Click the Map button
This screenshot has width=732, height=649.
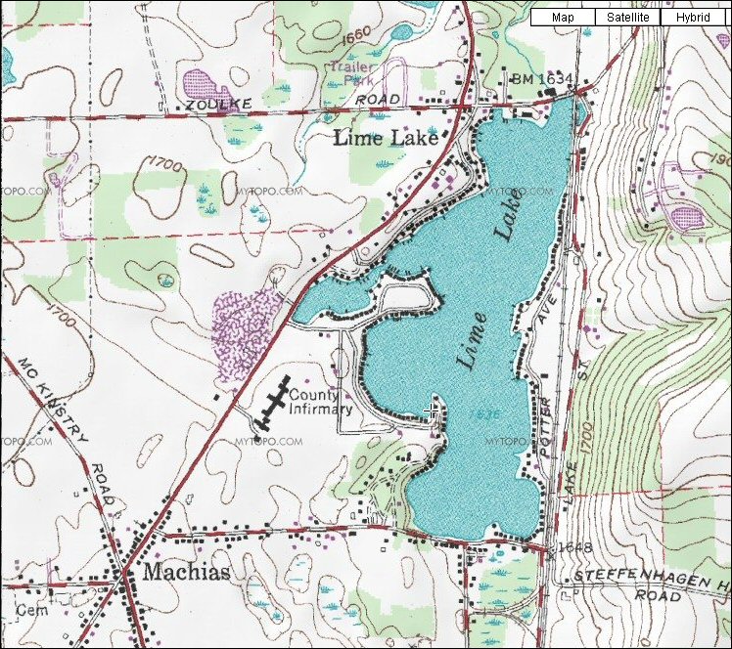pyautogui.click(x=563, y=18)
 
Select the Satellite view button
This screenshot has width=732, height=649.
pyautogui.click(x=627, y=18)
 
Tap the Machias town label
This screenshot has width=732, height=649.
pyautogui.click(x=187, y=573)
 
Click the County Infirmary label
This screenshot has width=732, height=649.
pyautogui.click(x=319, y=402)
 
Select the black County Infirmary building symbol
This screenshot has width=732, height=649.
pyautogui.click(x=272, y=402)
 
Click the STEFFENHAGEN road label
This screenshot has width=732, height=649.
pyautogui.click(x=651, y=576)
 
